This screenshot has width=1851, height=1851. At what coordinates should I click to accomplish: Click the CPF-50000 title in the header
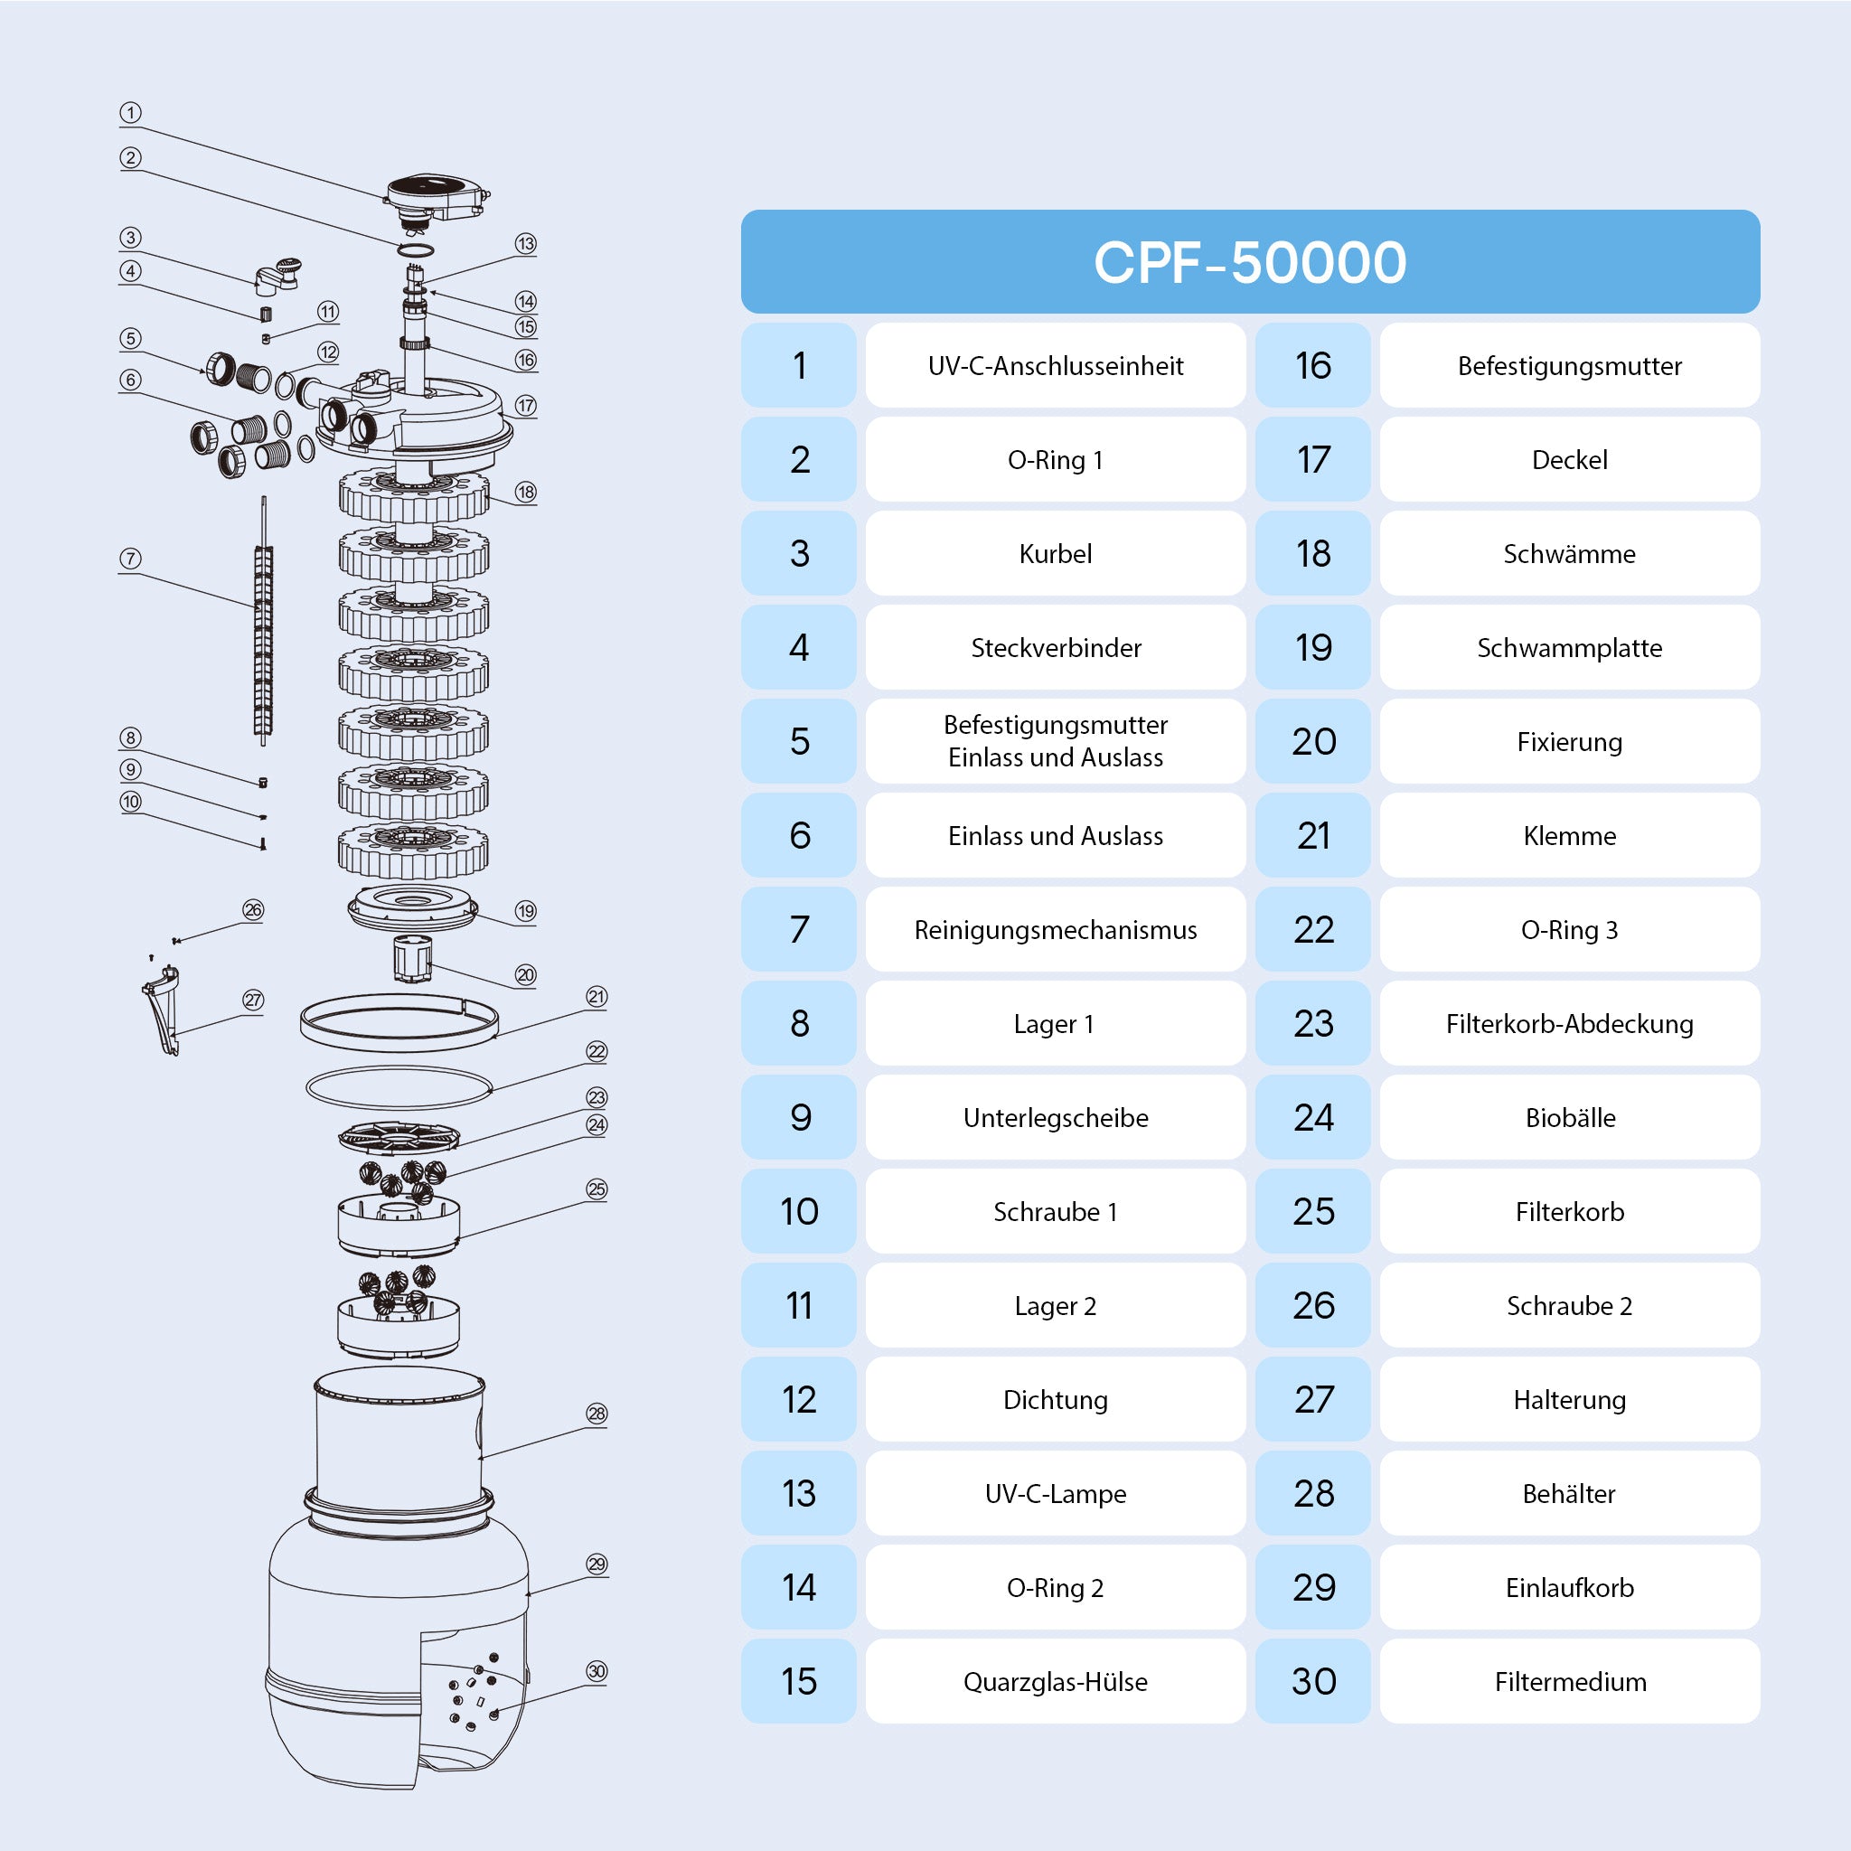(1249, 261)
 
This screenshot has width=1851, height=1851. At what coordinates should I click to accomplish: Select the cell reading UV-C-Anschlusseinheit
(1055, 365)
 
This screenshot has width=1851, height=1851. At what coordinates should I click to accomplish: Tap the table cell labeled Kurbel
(1055, 553)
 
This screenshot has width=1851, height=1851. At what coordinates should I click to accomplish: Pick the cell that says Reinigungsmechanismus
(1055, 929)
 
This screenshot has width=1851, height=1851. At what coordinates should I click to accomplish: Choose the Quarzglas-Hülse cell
(1055, 1681)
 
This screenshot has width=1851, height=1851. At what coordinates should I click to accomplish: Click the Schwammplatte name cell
(1569, 647)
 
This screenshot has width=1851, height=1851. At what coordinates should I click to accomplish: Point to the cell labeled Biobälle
(1569, 1117)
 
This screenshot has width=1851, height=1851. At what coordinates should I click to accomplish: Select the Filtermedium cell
(1569, 1681)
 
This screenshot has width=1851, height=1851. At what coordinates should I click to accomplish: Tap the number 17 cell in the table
(1312, 459)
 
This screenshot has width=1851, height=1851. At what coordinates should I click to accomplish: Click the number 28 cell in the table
(1312, 1494)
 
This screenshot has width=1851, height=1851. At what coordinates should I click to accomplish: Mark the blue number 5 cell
(799, 740)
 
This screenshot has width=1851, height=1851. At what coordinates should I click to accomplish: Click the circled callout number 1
(130, 113)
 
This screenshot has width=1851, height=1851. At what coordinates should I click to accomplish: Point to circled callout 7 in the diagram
(130, 559)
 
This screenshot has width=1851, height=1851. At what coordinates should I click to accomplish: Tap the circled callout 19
(525, 911)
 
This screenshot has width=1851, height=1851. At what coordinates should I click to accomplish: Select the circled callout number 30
(597, 1672)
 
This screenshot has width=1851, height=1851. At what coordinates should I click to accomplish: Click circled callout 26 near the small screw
(253, 910)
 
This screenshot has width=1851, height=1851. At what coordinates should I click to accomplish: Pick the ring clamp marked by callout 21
(399, 1023)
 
